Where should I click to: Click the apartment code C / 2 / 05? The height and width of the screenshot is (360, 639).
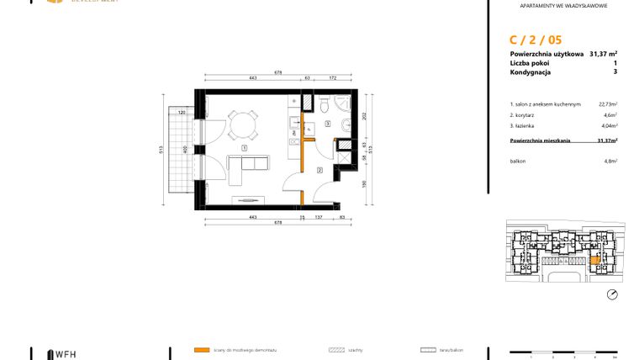(x=536, y=39)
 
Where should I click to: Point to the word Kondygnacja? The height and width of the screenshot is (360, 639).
(x=530, y=72)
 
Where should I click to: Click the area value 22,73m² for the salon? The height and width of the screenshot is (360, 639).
(x=607, y=104)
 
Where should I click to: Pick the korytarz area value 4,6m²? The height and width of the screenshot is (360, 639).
(x=610, y=114)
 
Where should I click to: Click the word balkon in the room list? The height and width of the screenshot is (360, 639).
(x=518, y=161)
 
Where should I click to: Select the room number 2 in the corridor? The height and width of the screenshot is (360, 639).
(x=319, y=170)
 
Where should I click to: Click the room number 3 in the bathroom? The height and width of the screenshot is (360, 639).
(x=328, y=123)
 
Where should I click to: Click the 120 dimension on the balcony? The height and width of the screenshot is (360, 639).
(x=182, y=113)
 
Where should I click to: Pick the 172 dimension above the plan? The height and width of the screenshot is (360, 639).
(x=332, y=77)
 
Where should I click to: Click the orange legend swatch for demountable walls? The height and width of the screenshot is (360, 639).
(x=201, y=349)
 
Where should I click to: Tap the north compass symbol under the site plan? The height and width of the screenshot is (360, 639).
(x=612, y=294)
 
